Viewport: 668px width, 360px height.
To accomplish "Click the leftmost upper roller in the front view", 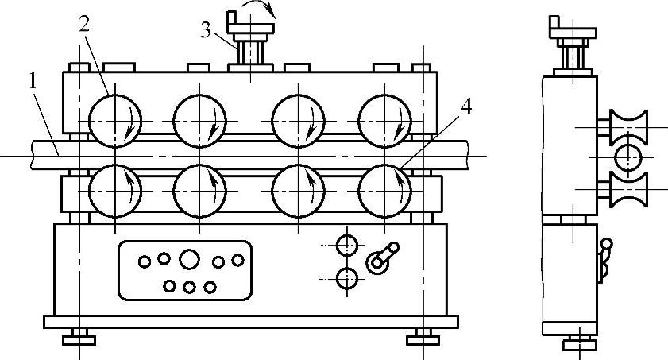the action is tap(114, 122).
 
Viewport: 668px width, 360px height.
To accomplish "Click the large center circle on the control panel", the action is tap(189, 259).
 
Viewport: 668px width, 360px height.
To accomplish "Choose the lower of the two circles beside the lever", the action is tap(346, 278).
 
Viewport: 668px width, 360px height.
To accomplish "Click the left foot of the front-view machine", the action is tap(79, 339).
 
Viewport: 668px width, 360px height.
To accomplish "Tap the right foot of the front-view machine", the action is tap(422, 339).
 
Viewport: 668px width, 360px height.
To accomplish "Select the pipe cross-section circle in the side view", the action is tap(627, 157).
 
